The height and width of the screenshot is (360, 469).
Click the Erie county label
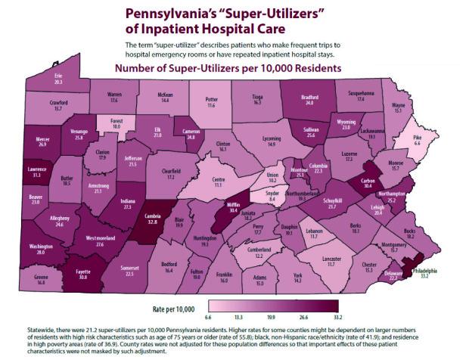[x=58, y=76]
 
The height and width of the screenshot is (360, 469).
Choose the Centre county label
[x=219, y=178]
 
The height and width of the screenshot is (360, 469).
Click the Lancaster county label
[x=331, y=259]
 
